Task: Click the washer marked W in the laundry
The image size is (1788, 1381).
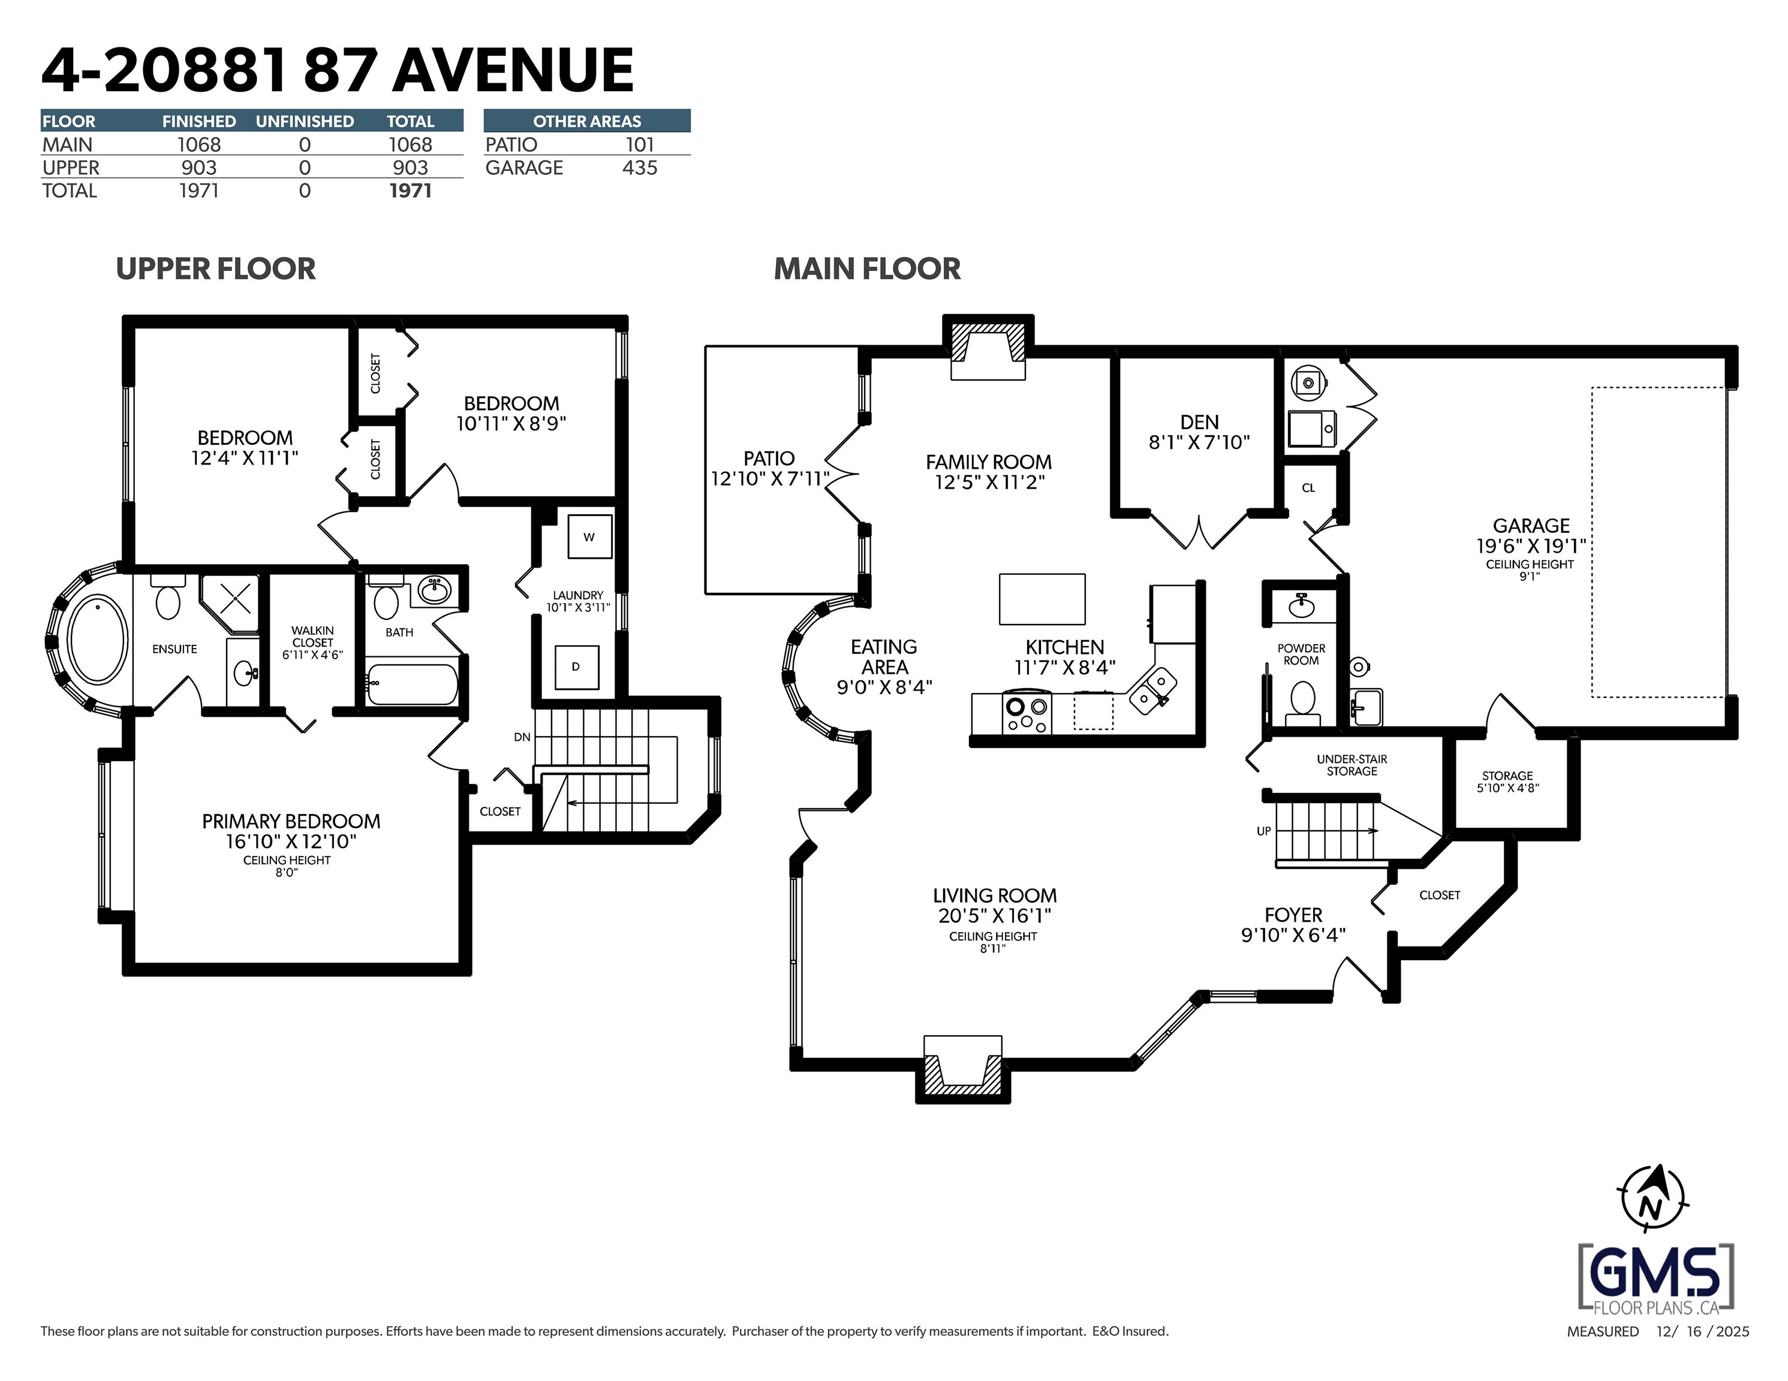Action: click(x=589, y=537)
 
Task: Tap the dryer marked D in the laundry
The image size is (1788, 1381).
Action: click(x=576, y=667)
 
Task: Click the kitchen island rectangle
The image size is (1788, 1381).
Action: click(x=1042, y=599)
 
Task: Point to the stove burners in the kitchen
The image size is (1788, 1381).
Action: click(x=1027, y=714)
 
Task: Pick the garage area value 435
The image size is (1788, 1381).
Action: click(x=639, y=168)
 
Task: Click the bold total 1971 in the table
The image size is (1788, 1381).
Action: click(x=410, y=191)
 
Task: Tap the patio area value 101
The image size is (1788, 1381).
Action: click(x=639, y=145)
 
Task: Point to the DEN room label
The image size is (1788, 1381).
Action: click(x=1199, y=423)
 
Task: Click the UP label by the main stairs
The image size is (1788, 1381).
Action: click(x=1264, y=831)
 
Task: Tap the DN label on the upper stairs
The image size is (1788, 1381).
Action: click(x=522, y=737)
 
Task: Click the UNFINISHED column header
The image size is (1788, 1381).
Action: click(x=305, y=121)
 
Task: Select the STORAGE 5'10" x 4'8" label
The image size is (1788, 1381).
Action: click(x=1507, y=782)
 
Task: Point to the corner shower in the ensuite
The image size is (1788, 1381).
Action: click(x=231, y=604)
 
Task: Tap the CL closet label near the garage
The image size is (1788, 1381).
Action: click(x=1308, y=488)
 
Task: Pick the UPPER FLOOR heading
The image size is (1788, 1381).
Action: click(x=215, y=269)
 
